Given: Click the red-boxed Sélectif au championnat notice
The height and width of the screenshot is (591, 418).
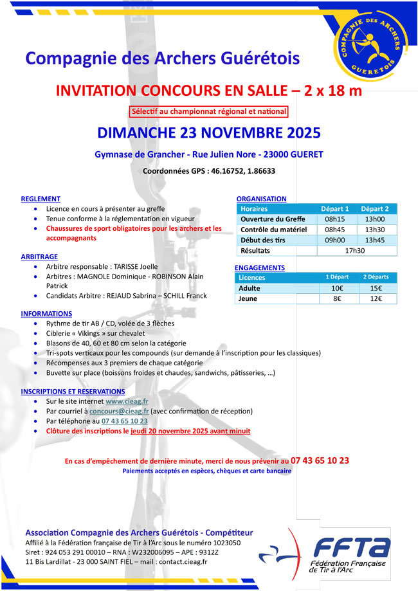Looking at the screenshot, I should click(x=208, y=112).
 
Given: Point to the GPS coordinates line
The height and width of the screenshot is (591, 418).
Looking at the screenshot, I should click(x=208, y=171).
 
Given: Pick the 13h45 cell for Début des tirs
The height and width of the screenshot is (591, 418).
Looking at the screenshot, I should click(x=375, y=240).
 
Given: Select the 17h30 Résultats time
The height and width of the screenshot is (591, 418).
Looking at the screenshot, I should click(x=355, y=250).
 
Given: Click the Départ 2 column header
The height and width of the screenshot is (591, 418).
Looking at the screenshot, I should click(x=375, y=209).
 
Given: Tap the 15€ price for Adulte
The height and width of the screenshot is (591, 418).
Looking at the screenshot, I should click(x=376, y=288).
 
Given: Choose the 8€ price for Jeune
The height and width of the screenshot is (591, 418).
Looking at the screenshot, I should click(x=336, y=298).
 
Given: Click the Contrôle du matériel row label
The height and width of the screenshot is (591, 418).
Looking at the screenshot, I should click(x=273, y=230).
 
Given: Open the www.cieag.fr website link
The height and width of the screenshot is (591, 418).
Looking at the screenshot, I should click(x=127, y=401).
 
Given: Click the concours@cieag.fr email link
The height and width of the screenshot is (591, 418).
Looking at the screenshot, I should click(x=119, y=411).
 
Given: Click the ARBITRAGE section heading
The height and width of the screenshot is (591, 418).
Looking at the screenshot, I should click(x=39, y=255).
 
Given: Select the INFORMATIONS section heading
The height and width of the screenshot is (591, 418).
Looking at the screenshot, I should click(x=46, y=314).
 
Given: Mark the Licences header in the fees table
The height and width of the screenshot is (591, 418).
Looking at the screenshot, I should click(x=251, y=278).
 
